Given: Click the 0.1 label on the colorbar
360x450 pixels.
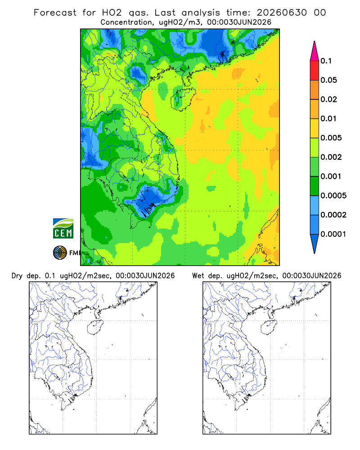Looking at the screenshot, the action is click(x=326, y=61).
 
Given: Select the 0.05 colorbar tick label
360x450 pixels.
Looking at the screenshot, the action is click(x=328, y=80).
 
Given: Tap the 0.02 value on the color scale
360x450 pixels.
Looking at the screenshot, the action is click(x=328, y=99).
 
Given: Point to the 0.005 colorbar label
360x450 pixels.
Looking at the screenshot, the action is click(x=331, y=138).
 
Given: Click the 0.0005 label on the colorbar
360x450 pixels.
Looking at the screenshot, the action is click(x=333, y=195).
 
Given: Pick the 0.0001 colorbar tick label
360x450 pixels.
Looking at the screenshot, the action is click(x=333, y=234).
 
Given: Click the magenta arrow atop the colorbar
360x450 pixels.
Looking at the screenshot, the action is click(x=315, y=51).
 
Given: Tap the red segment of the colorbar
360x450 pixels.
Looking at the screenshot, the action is click(x=315, y=71).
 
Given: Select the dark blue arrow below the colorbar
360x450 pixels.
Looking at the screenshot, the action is click(x=315, y=243).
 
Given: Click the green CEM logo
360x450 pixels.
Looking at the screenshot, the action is click(x=63, y=229).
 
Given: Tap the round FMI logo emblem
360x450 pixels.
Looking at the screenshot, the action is click(x=60, y=253).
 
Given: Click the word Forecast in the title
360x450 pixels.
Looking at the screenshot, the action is click(x=55, y=13).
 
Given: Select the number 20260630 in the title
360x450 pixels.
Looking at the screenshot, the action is click(x=282, y=13).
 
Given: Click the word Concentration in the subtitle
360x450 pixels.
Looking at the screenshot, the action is click(x=126, y=22).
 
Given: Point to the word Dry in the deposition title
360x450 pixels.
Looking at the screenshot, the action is click(x=17, y=276).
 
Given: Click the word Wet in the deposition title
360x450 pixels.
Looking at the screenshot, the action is click(x=198, y=276).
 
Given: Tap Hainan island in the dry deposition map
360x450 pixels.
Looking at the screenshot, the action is click(x=95, y=328).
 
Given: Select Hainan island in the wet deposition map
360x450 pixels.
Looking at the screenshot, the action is click(x=269, y=328).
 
